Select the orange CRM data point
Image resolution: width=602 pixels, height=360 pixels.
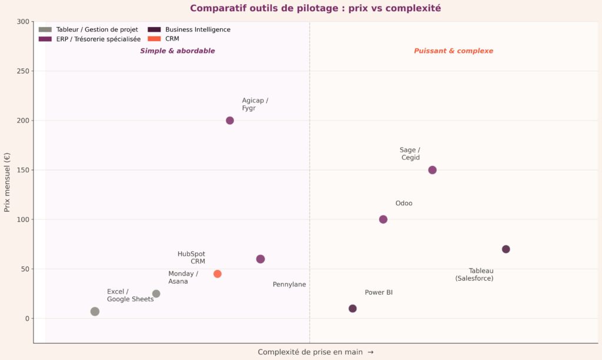tap(218, 274)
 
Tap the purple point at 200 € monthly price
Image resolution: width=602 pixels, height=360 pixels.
tap(230, 121)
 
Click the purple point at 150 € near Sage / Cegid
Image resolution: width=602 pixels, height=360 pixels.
tap(432, 170)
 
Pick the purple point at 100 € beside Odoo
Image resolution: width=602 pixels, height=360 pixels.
tap(383, 219)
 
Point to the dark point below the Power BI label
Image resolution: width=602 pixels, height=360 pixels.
tap(353, 308)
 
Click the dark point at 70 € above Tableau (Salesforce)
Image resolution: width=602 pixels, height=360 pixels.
tap(506, 249)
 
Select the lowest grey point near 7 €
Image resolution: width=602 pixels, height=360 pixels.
tap(95, 311)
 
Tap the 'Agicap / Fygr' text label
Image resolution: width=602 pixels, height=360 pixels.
tap(255, 104)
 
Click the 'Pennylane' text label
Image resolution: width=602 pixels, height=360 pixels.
tap(289, 285)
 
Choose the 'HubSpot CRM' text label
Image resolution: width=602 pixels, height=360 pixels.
tap(191, 258)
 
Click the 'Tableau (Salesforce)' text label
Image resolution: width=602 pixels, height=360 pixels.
tap(474, 275)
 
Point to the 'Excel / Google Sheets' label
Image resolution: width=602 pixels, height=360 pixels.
tap(130, 295)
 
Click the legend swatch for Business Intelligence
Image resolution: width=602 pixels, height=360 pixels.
tap(154, 29)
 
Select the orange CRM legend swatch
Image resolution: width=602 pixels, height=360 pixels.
tap(154, 39)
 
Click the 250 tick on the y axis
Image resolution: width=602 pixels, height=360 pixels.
tap(24, 71)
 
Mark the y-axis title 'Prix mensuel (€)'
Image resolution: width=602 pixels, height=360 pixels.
tap(8, 182)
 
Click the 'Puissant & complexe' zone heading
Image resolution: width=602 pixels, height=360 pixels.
tap(453, 51)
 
